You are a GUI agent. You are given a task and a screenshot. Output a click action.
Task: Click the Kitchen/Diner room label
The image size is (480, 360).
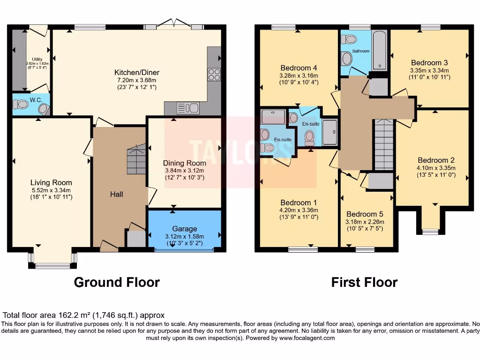coord(137,72)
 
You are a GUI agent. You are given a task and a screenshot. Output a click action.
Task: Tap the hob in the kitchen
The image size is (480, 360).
coord(214,75)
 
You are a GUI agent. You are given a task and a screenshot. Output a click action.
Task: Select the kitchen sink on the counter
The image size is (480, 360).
coord(187,108)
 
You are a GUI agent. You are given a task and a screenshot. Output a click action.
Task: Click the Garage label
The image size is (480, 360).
coord(184,229)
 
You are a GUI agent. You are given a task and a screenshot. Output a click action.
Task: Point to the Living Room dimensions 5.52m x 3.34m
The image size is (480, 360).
coord(51,190)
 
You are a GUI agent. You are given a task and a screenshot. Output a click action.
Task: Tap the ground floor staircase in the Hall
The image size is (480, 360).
coord(136,159)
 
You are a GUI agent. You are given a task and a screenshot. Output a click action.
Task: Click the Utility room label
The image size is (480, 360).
coord(37,59)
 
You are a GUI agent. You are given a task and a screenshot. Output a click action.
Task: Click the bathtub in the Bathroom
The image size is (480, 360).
coord(379,50)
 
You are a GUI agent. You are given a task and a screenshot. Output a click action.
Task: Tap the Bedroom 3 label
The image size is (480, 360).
coord(429,63)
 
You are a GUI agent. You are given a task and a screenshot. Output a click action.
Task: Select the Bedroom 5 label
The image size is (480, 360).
coord(365,214)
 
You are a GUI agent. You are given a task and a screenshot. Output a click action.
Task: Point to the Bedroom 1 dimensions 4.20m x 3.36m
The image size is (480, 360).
coord(299,210)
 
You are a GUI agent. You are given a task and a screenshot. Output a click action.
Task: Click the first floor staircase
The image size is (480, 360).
coord(384,144)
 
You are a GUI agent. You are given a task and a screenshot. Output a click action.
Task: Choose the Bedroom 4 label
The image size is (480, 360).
coord(299,67)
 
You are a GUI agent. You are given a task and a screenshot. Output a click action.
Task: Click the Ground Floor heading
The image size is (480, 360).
coord(117,282)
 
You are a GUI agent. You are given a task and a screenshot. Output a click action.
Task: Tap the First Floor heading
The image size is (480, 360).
coord(364,282)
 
